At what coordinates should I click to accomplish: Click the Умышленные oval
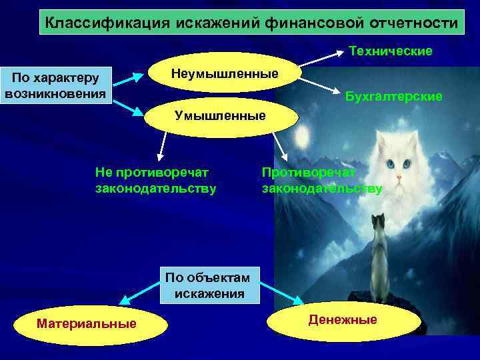coord(220,116)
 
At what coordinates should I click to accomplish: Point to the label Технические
coord(391,51)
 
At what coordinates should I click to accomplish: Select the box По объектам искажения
coord(210,285)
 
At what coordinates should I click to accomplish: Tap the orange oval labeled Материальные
coord(86,323)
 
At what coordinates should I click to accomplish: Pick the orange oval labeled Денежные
coord(343,320)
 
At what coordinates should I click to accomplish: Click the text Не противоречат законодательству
coord(156,181)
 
